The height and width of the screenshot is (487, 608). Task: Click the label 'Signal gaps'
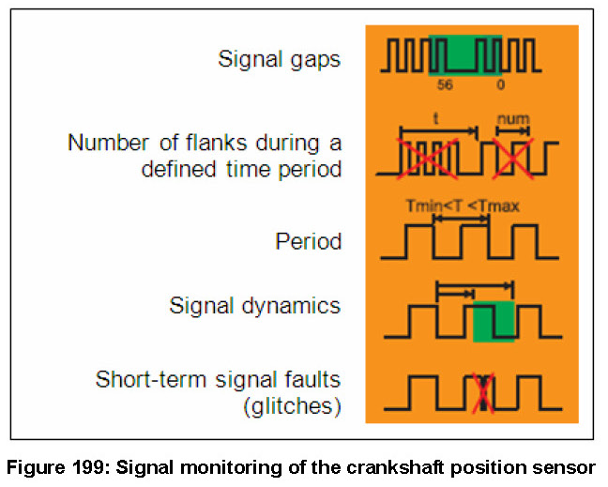(280, 59)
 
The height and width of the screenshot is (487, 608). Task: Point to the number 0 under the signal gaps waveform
(499, 84)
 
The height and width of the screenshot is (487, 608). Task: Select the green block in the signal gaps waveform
(465, 54)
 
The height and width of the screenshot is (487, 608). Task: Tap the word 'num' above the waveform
(512, 118)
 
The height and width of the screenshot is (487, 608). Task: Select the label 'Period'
(308, 241)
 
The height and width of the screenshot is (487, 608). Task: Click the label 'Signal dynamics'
(255, 307)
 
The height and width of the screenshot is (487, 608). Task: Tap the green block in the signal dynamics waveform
(493, 321)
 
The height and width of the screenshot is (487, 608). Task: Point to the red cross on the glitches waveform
(482, 391)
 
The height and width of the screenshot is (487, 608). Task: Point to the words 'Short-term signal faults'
(218, 380)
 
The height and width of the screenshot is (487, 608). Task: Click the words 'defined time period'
(242, 170)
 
